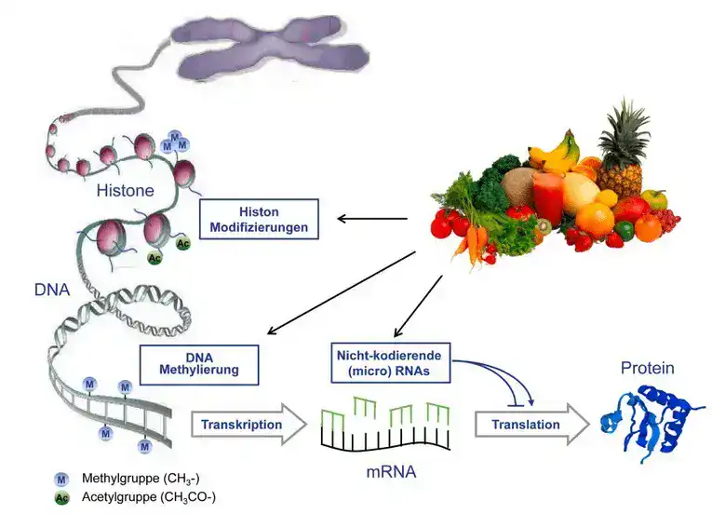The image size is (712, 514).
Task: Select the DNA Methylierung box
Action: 198,363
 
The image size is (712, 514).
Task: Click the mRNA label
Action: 390,472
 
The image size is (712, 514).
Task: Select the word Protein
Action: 647,369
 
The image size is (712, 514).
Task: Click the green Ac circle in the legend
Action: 62,496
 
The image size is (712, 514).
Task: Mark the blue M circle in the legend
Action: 62,479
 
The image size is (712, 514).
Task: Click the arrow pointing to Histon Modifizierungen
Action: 372,220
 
